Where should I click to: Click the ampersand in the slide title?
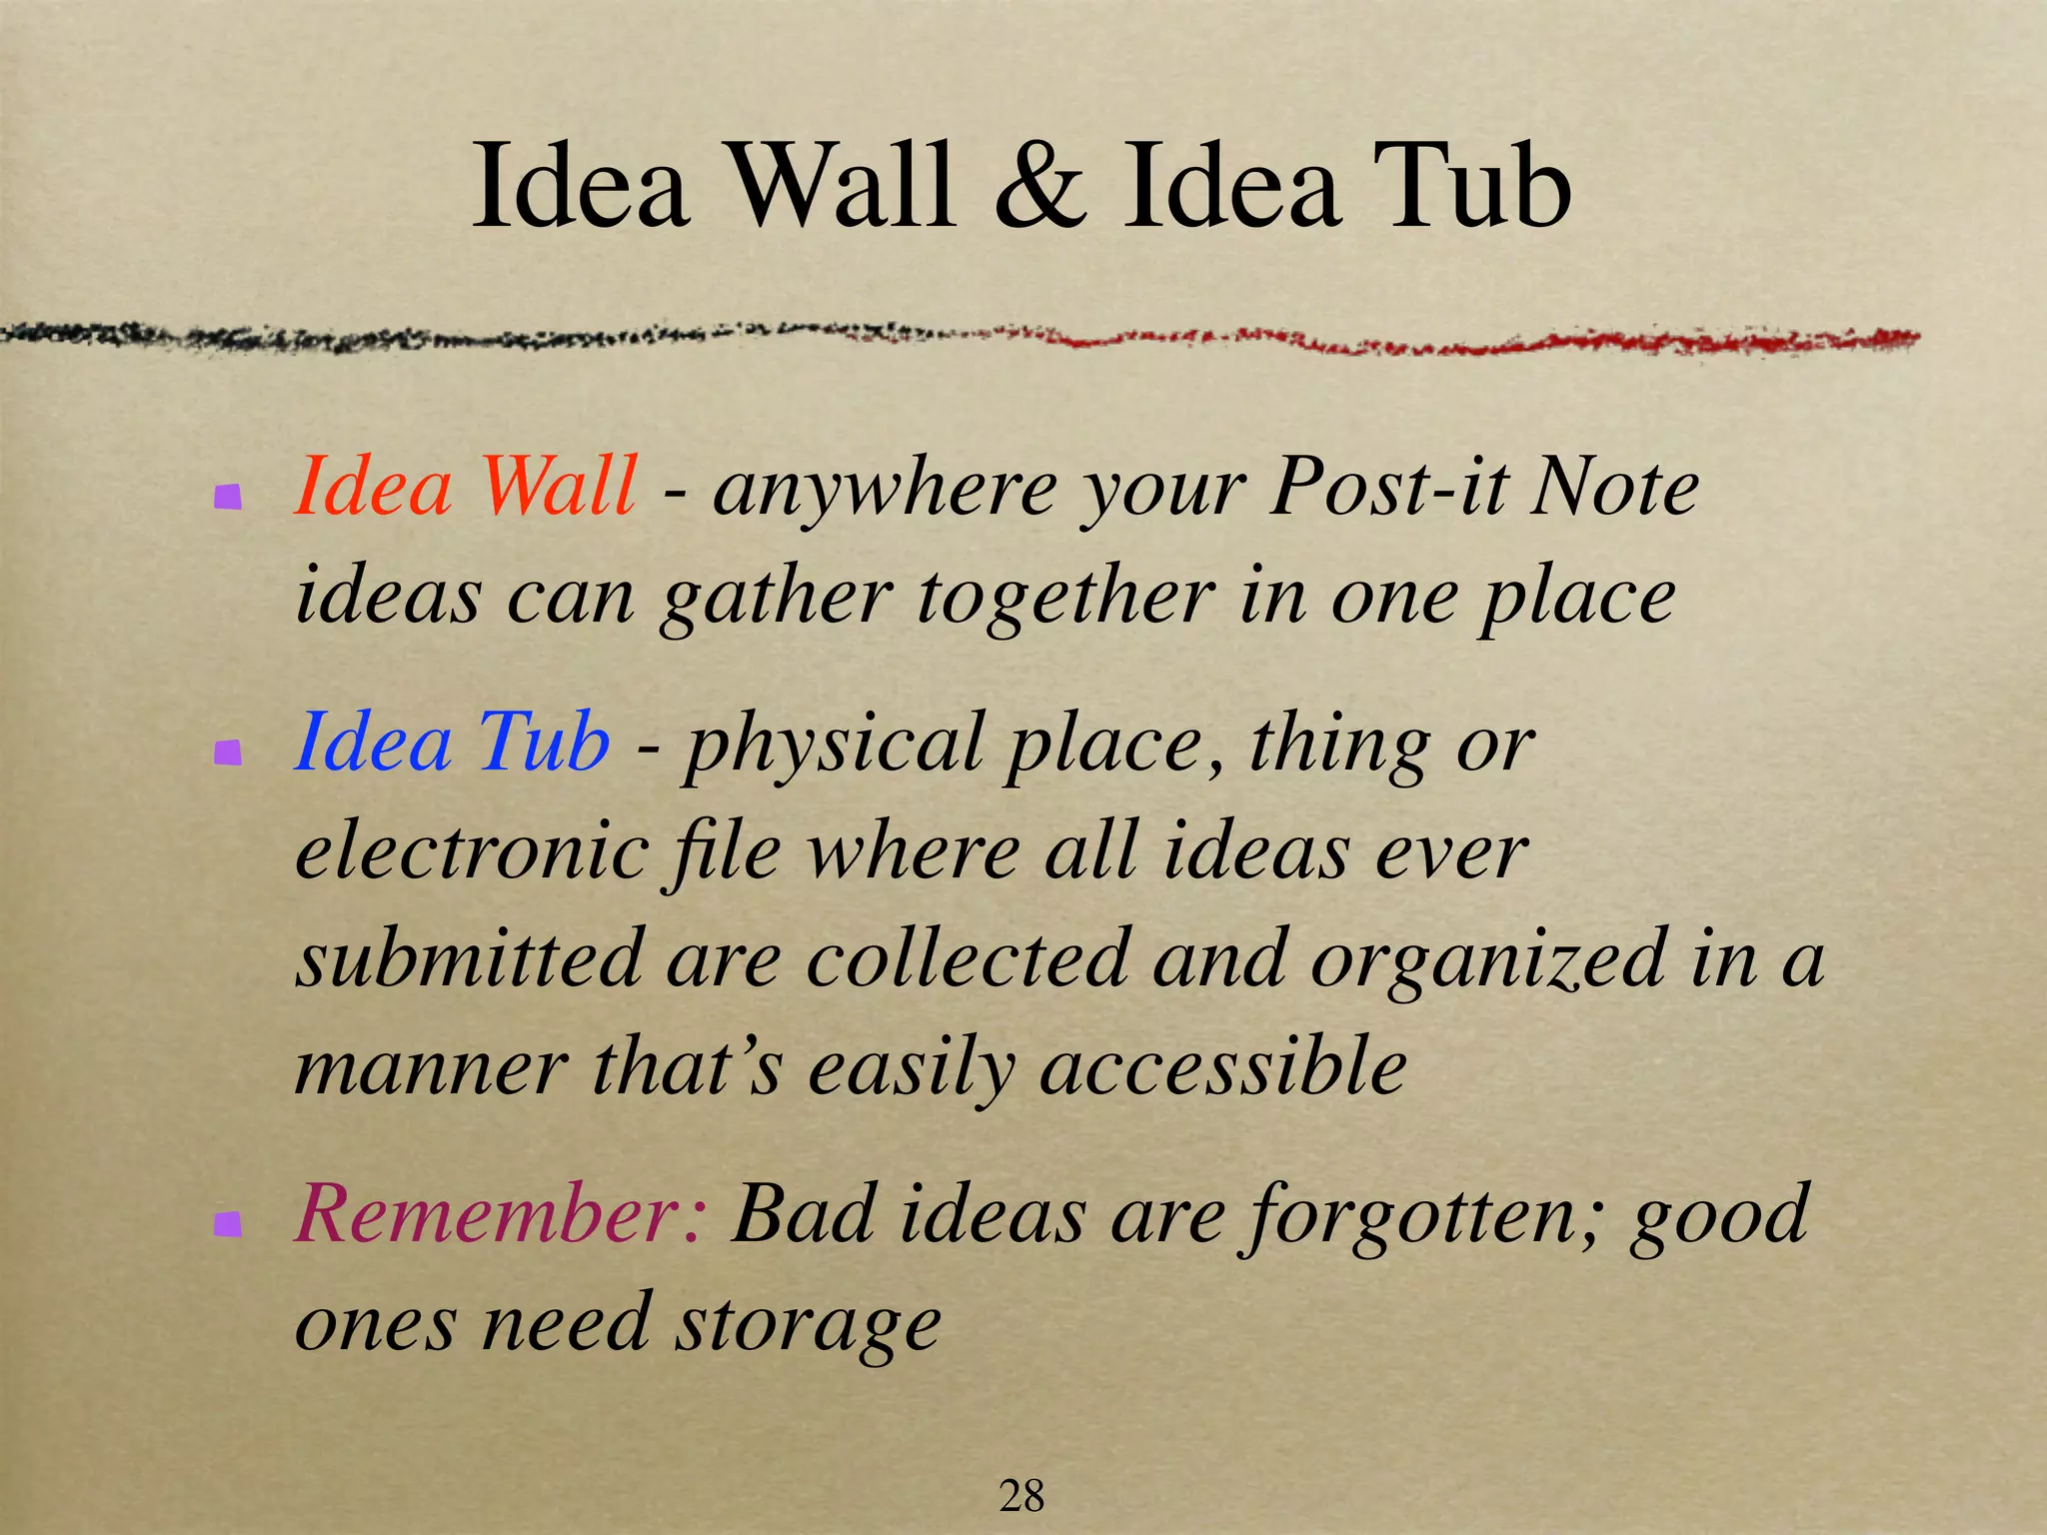point(1039,188)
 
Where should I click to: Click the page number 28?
point(1022,1496)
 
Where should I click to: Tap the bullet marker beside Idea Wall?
point(229,496)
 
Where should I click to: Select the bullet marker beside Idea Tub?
point(229,752)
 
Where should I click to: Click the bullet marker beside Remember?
point(229,1223)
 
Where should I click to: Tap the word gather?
point(776,598)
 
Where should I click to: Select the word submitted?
point(470,957)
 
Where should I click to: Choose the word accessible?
point(1223,1067)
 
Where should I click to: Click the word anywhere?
point(885,491)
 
